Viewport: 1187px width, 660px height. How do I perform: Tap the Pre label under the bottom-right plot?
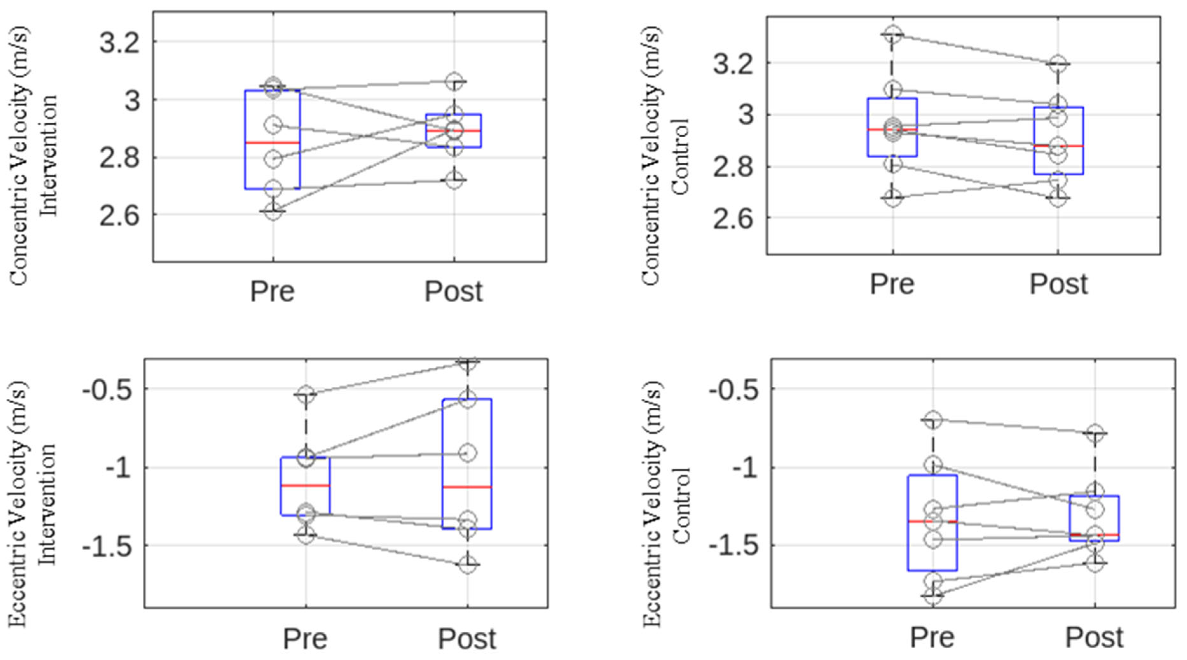tap(932, 637)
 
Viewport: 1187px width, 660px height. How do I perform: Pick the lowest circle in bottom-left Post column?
tap(467, 565)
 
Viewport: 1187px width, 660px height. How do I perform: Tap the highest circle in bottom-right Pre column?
tap(933, 420)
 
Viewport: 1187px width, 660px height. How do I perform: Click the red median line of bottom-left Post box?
tap(467, 487)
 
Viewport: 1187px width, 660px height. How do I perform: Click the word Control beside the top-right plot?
tap(680, 157)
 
